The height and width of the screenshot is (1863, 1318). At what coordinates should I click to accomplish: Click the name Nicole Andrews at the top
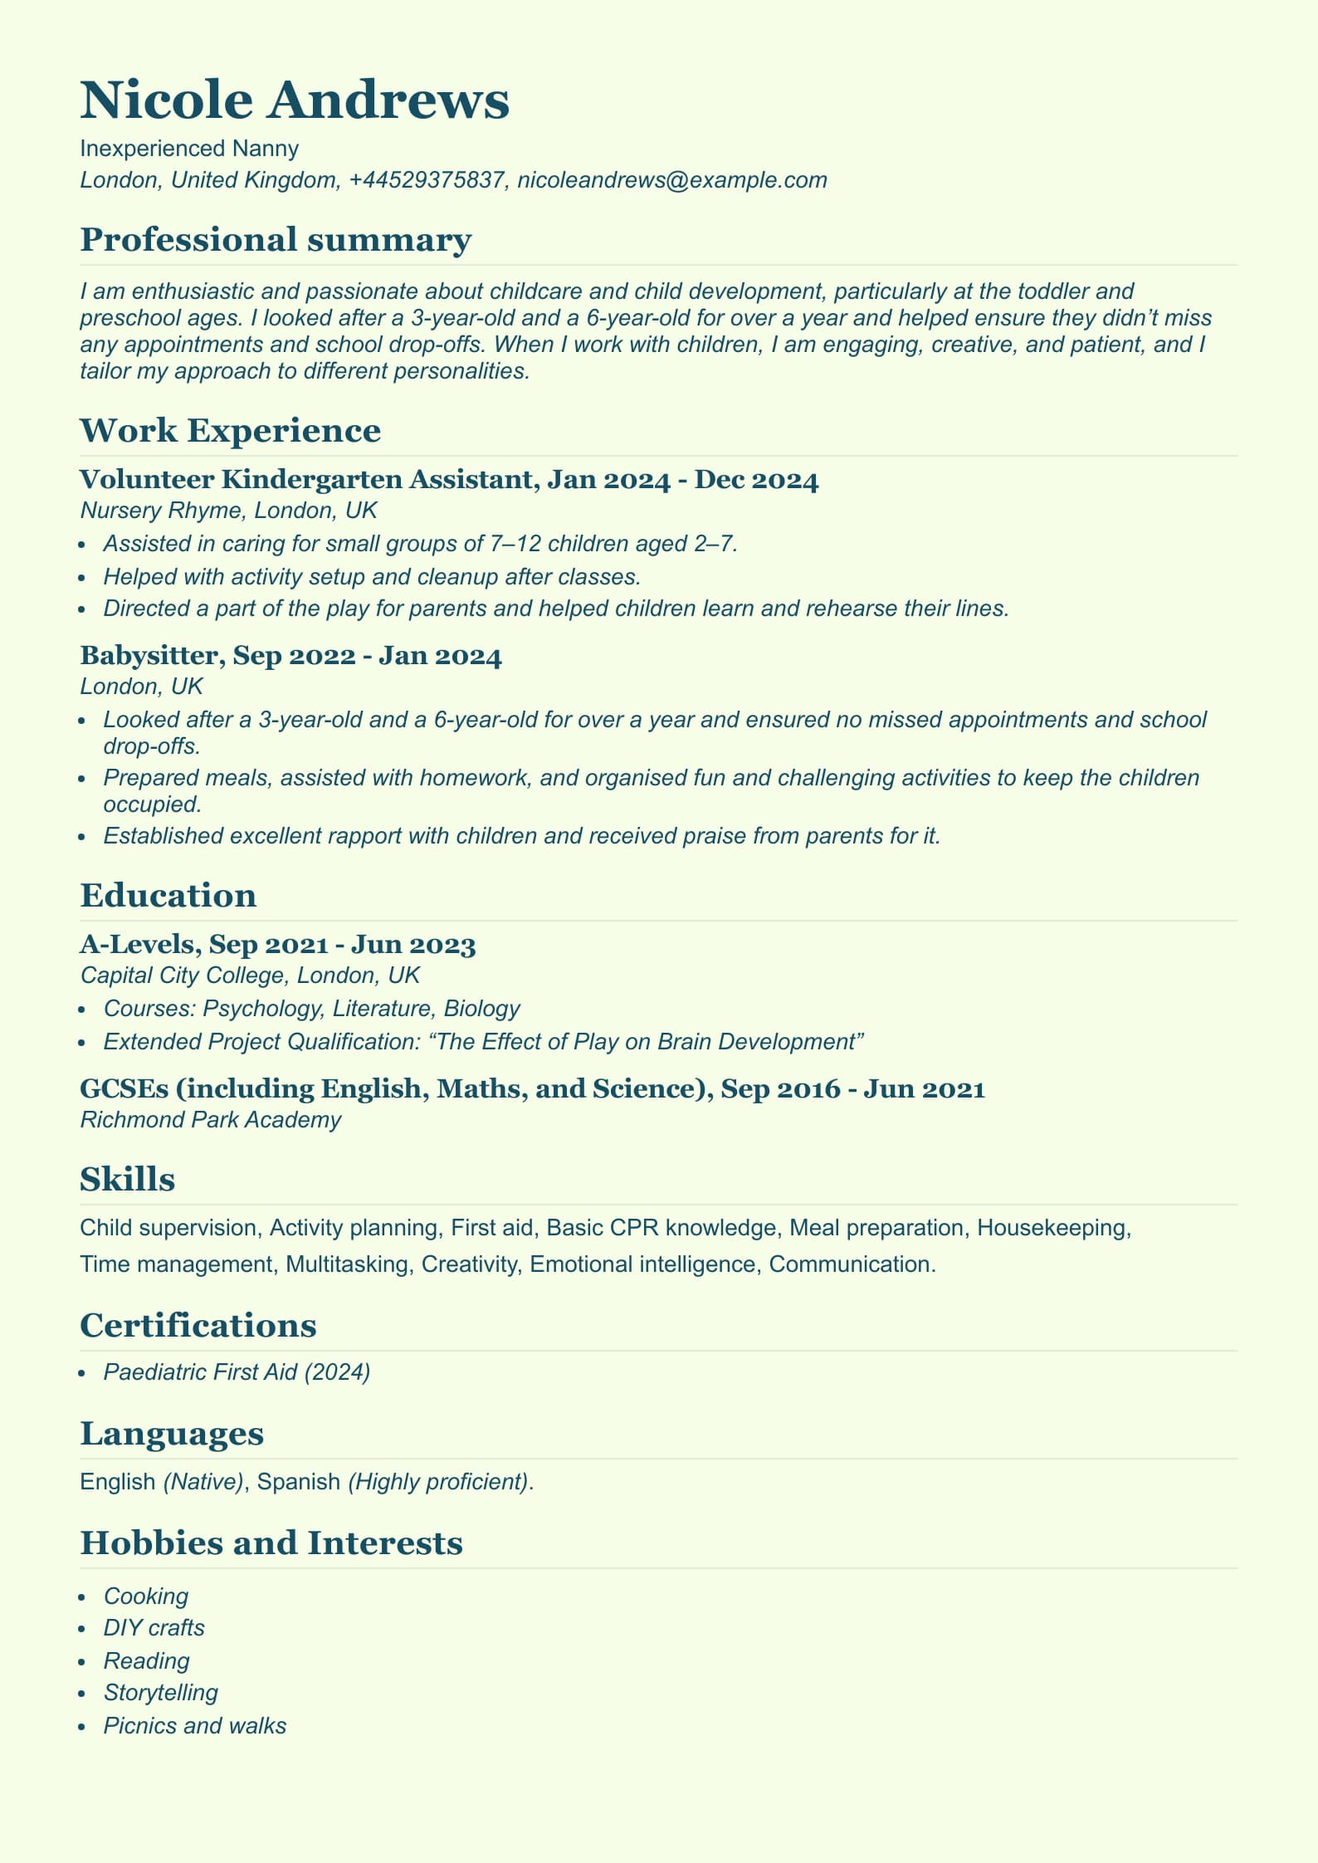click(x=295, y=100)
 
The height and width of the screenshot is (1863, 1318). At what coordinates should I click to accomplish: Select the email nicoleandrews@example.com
click(x=671, y=180)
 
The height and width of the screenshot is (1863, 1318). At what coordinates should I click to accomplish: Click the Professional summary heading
click(x=276, y=239)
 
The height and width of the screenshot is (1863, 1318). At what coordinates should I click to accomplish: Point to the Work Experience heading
click(x=230, y=431)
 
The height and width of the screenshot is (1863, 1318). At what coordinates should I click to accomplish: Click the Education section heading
click(x=168, y=896)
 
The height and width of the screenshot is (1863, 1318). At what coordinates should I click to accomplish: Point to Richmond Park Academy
click(x=210, y=1120)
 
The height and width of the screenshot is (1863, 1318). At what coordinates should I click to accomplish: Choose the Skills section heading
click(x=127, y=1179)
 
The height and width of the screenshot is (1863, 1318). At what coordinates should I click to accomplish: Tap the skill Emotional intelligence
click(x=642, y=1264)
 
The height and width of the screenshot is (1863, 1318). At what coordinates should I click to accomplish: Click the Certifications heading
click(x=198, y=1326)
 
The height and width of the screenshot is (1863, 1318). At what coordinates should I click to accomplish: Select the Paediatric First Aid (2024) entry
click(x=237, y=1372)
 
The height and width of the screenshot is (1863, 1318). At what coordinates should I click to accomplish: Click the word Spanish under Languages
click(x=299, y=1481)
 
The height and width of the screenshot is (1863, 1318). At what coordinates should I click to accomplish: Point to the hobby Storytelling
click(x=160, y=1692)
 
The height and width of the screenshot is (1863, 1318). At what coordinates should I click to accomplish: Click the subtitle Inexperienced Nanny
click(x=189, y=149)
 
